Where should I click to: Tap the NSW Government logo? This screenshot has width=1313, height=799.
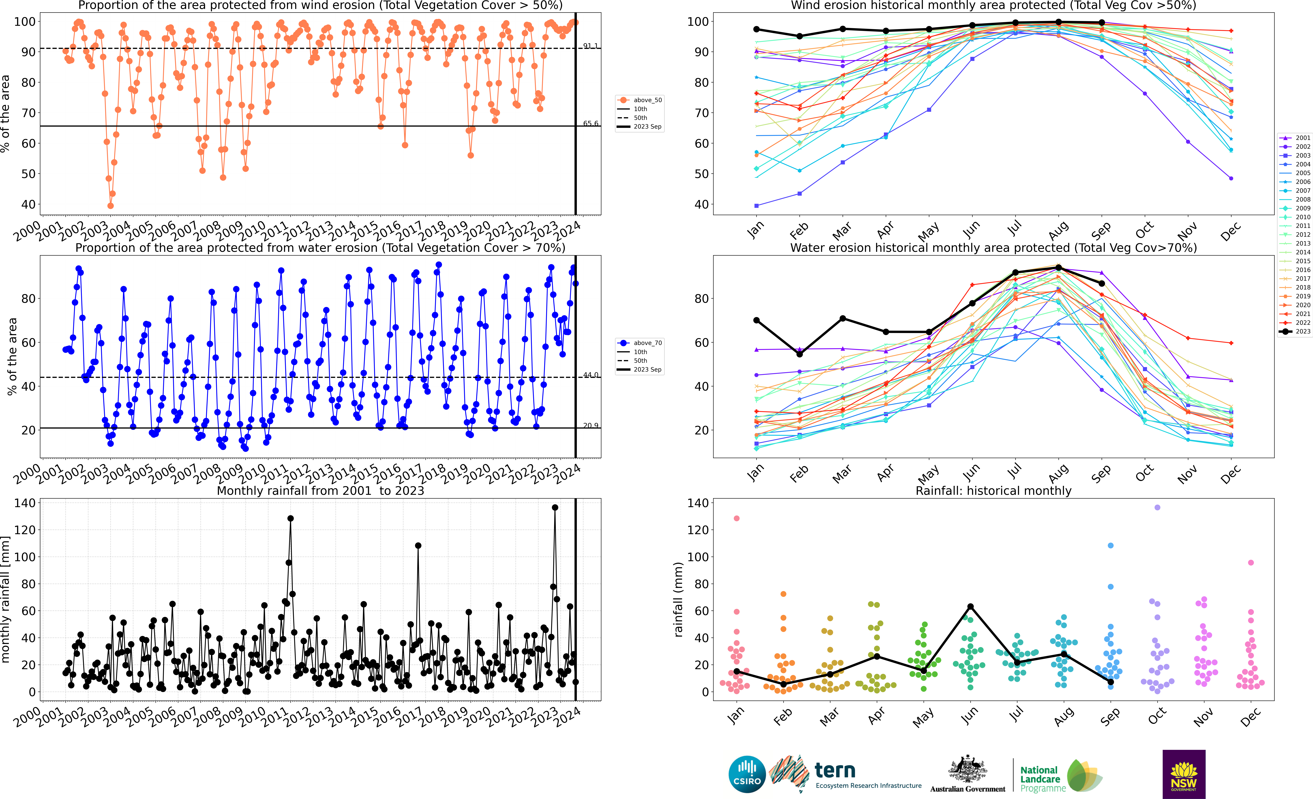click(x=1184, y=774)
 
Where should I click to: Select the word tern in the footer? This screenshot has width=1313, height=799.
click(x=835, y=770)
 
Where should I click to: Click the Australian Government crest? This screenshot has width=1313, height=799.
click(x=967, y=770)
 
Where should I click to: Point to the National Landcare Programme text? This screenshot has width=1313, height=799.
click(x=1042, y=779)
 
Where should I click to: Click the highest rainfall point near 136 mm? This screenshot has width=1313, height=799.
click(x=555, y=508)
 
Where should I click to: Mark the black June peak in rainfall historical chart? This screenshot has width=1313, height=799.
click(x=970, y=607)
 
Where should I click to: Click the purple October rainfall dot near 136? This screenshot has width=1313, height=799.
click(x=1157, y=508)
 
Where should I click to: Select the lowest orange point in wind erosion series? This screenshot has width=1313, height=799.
click(x=110, y=206)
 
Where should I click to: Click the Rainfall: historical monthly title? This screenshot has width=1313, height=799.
click(x=993, y=491)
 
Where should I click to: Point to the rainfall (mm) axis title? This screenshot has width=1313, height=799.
click(x=678, y=599)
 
